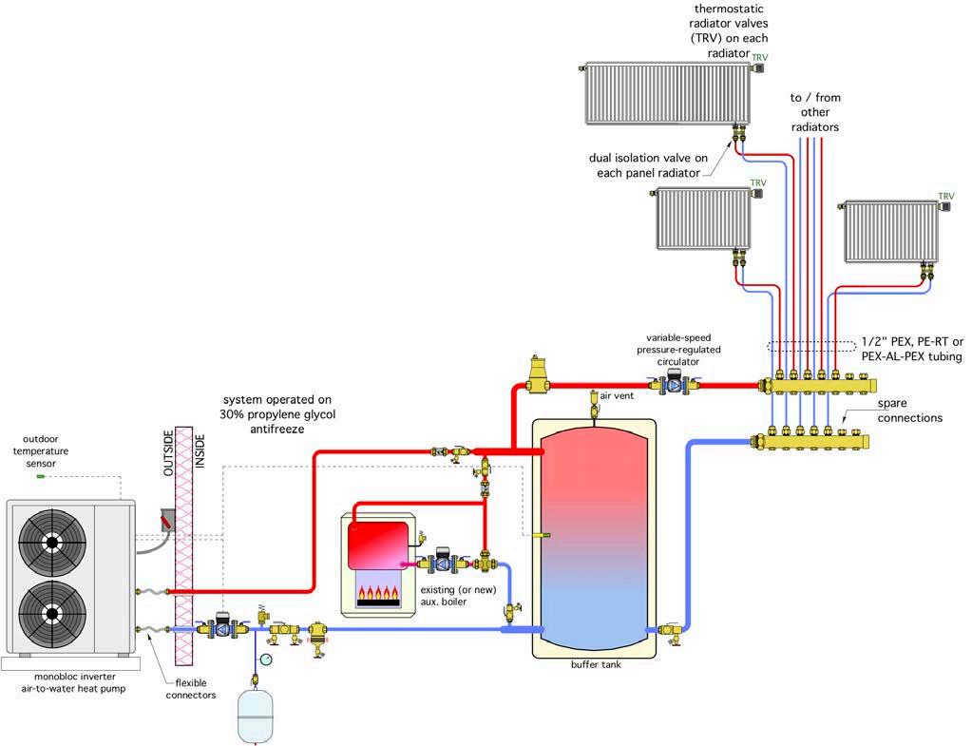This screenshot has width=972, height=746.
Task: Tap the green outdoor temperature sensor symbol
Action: tap(40, 476)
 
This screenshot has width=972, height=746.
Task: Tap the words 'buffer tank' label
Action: tap(595, 665)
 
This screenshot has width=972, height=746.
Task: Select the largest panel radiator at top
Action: tap(667, 93)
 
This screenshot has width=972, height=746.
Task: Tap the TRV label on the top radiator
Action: tap(759, 58)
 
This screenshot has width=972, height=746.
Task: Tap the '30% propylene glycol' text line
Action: tap(278, 414)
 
